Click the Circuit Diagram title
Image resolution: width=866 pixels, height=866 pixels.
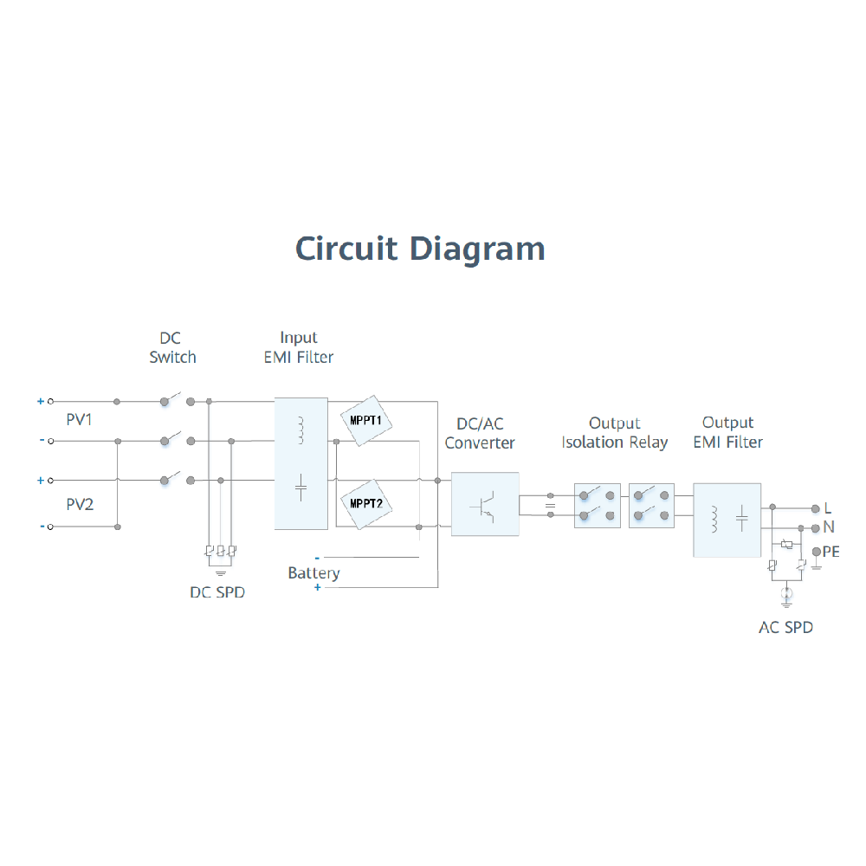point(420,249)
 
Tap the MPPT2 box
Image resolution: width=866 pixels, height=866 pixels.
point(366,503)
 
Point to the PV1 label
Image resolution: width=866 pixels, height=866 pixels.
point(80,420)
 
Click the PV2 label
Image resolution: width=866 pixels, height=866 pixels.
point(80,504)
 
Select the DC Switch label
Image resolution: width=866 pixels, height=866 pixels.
point(172,347)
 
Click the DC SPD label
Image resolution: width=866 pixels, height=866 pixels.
point(217,592)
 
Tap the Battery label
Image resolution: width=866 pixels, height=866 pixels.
point(313,572)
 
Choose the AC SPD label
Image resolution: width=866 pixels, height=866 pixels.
point(785,627)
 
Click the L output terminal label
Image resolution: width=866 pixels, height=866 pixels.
point(827,508)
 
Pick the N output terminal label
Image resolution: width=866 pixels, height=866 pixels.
point(829,527)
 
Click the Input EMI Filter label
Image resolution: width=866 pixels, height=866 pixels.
point(299,347)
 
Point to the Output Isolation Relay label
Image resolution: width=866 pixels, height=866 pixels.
point(615,433)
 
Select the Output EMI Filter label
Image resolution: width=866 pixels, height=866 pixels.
point(727,432)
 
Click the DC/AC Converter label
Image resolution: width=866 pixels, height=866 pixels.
point(480,433)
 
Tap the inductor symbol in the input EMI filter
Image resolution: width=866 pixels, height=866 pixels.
point(301,430)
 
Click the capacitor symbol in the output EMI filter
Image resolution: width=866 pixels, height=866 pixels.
point(742,519)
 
